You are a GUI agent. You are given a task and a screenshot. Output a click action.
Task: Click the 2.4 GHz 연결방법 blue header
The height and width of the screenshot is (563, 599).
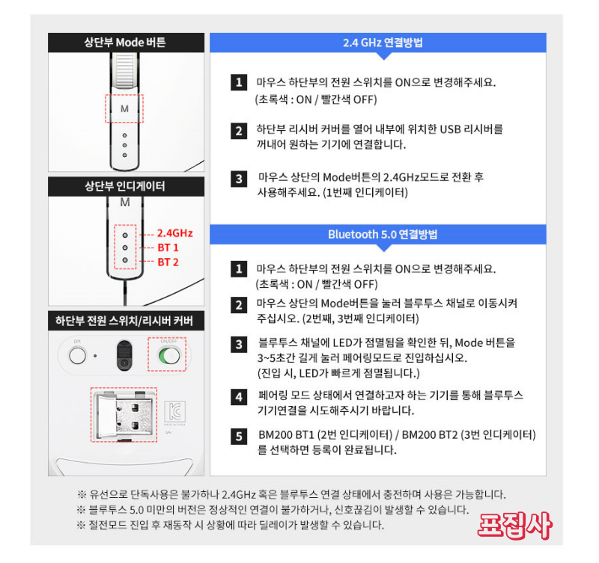pyautogui.click(x=383, y=43)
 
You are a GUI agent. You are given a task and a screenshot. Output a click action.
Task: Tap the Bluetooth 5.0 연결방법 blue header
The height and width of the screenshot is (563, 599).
pyautogui.click(x=383, y=234)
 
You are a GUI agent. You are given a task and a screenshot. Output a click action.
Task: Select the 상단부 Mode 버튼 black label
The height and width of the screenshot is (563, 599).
pyautogui.click(x=125, y=43)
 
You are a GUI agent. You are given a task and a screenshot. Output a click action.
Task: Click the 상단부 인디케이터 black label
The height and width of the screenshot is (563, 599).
pyautogui.click(x=125, y=185)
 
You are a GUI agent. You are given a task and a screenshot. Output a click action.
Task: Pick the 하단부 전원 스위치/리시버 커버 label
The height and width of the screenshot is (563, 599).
pyautogui.click(x=125, y=321)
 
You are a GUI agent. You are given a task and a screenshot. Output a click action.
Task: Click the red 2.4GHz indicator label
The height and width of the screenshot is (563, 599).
pyautogui.click(x=174, y=234)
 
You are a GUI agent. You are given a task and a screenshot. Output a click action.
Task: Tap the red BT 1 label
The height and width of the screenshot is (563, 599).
pyautogui.click(x=168, y=247)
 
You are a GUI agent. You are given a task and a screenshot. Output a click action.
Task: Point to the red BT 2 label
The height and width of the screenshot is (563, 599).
pyautogui.click(x=168, y=262)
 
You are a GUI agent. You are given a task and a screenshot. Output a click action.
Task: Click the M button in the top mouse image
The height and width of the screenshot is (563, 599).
pyautogui.click(x=124, y=109)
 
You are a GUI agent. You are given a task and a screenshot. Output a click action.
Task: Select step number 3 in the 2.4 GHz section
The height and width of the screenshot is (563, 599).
pyautogui.click(x=239, y=179)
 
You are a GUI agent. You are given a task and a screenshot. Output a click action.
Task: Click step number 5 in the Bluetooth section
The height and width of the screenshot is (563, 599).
pyautogui.click(x=239, y=436)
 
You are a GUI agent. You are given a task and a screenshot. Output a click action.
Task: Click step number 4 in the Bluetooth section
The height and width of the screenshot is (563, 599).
pyautogui.click(x=239, y=397)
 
